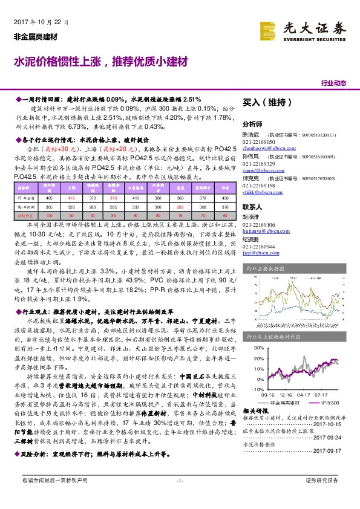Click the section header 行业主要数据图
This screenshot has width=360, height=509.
pos(264,268)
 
